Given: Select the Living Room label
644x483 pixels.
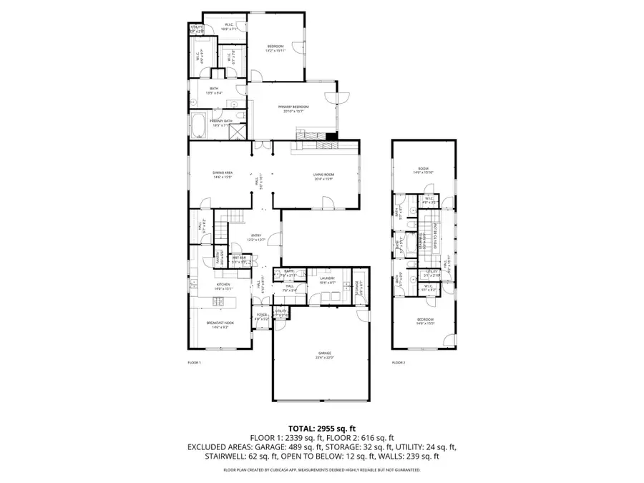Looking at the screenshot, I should pyautogui.click(x=323, y=176).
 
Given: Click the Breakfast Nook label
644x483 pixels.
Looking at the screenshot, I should pyautogui.click(x=218, y=325).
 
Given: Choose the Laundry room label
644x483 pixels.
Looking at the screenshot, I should pyautogui.click(x=327, y=280).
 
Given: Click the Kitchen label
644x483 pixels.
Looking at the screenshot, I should pyautogui.click(x=222, y=286).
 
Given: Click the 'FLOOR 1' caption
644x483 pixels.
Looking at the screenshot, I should pyautogui.click(x=194, y=363).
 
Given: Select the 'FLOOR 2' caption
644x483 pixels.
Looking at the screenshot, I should pyautogui.click(x=399, y=363).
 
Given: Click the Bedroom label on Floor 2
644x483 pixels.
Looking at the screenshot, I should pyautogui.click(x=425, y=321).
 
